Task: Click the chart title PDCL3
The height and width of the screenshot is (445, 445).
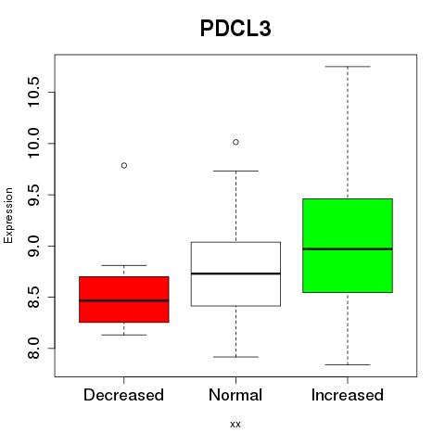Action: point(235,29)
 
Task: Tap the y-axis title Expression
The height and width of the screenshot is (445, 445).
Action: point(8,215)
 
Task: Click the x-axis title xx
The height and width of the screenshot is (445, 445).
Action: point(235,425)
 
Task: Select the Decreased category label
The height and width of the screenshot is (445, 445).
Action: point(123,395)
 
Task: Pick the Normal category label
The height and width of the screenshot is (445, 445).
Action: point(235,395)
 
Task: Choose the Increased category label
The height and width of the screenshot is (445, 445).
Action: point(348,395)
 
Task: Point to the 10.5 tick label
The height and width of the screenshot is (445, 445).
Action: point(33,92)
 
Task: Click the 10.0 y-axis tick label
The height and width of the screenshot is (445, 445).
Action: point(33,144)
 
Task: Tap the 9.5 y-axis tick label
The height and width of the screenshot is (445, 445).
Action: point(33,195)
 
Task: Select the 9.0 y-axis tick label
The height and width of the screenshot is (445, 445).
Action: point(33,246)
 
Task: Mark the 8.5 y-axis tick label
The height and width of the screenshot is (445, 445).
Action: point(33,297)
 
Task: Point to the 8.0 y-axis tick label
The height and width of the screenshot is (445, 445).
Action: point(33,349)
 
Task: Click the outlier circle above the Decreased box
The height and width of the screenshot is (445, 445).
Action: point(124,166)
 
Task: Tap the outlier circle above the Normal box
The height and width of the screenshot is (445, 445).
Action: point(235,142)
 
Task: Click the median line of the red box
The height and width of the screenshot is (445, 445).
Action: point(124,300)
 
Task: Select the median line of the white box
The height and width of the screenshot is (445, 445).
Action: point(235,273)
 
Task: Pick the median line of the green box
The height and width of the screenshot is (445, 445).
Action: point(348,248)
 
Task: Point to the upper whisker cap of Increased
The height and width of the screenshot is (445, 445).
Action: point(348,67)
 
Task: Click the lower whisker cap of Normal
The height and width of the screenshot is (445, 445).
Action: point(235,357)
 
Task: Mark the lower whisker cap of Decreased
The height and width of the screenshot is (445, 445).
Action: point(124,335)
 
